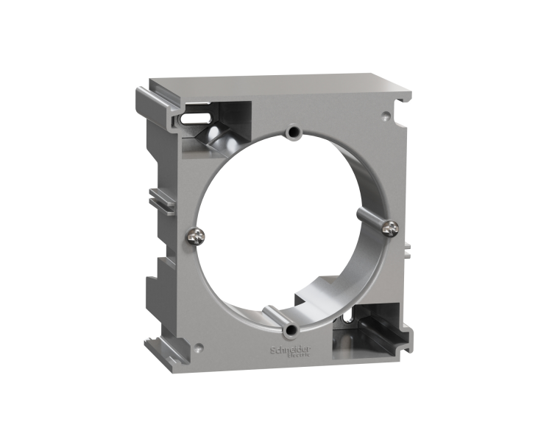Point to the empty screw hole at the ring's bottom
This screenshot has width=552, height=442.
coord(293,329)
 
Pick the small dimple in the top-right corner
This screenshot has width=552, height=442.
coord(384,116)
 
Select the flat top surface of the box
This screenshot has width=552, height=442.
coord(287,83)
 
